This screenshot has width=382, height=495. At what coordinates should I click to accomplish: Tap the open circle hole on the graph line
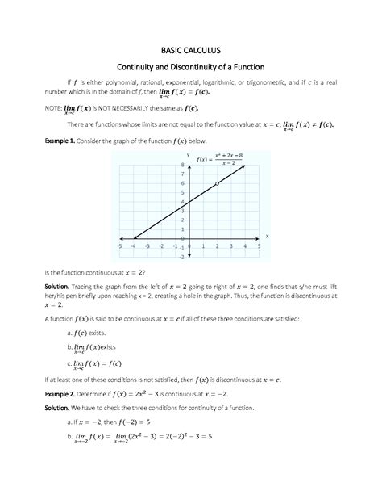click(x=217, y=184)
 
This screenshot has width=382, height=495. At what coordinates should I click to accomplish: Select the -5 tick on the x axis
click(x=119, y=246)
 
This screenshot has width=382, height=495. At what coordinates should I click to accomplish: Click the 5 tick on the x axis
click(x=260, y=246)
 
